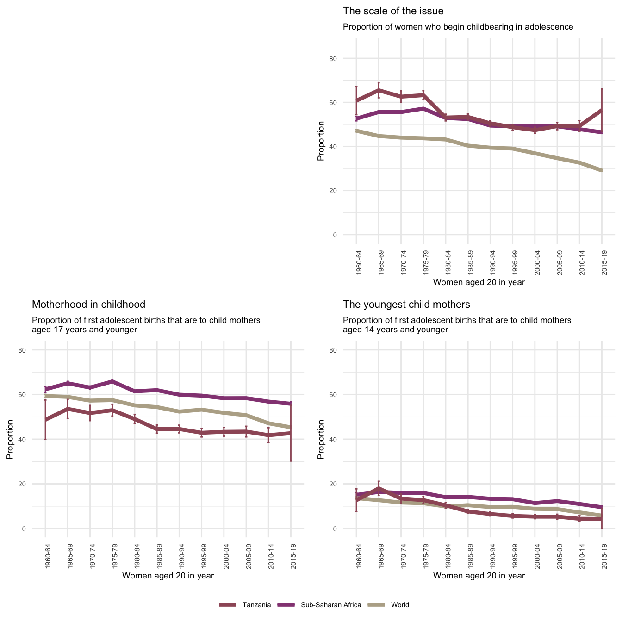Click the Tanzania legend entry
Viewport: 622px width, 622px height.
pos(256,605)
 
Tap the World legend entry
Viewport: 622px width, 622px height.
pos(400,605)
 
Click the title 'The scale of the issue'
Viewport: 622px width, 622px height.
pos(393,11)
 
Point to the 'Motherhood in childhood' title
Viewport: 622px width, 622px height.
pos(88,304)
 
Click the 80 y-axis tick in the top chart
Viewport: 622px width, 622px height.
pos(346,59)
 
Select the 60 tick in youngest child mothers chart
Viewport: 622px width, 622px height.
pos(346,395)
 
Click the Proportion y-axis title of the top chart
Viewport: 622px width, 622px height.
pos(321,141)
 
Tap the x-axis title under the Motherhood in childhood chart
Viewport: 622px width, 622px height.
pos(168,576)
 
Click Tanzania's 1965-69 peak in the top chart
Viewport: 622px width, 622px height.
pos(379,90)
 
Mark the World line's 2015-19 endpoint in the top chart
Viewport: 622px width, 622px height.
pos(602,171)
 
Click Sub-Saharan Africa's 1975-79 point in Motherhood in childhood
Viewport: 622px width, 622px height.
pos(112,381)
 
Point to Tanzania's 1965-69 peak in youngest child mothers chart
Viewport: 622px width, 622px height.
pos(379,488)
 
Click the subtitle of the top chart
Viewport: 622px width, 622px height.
pos(458,27)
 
